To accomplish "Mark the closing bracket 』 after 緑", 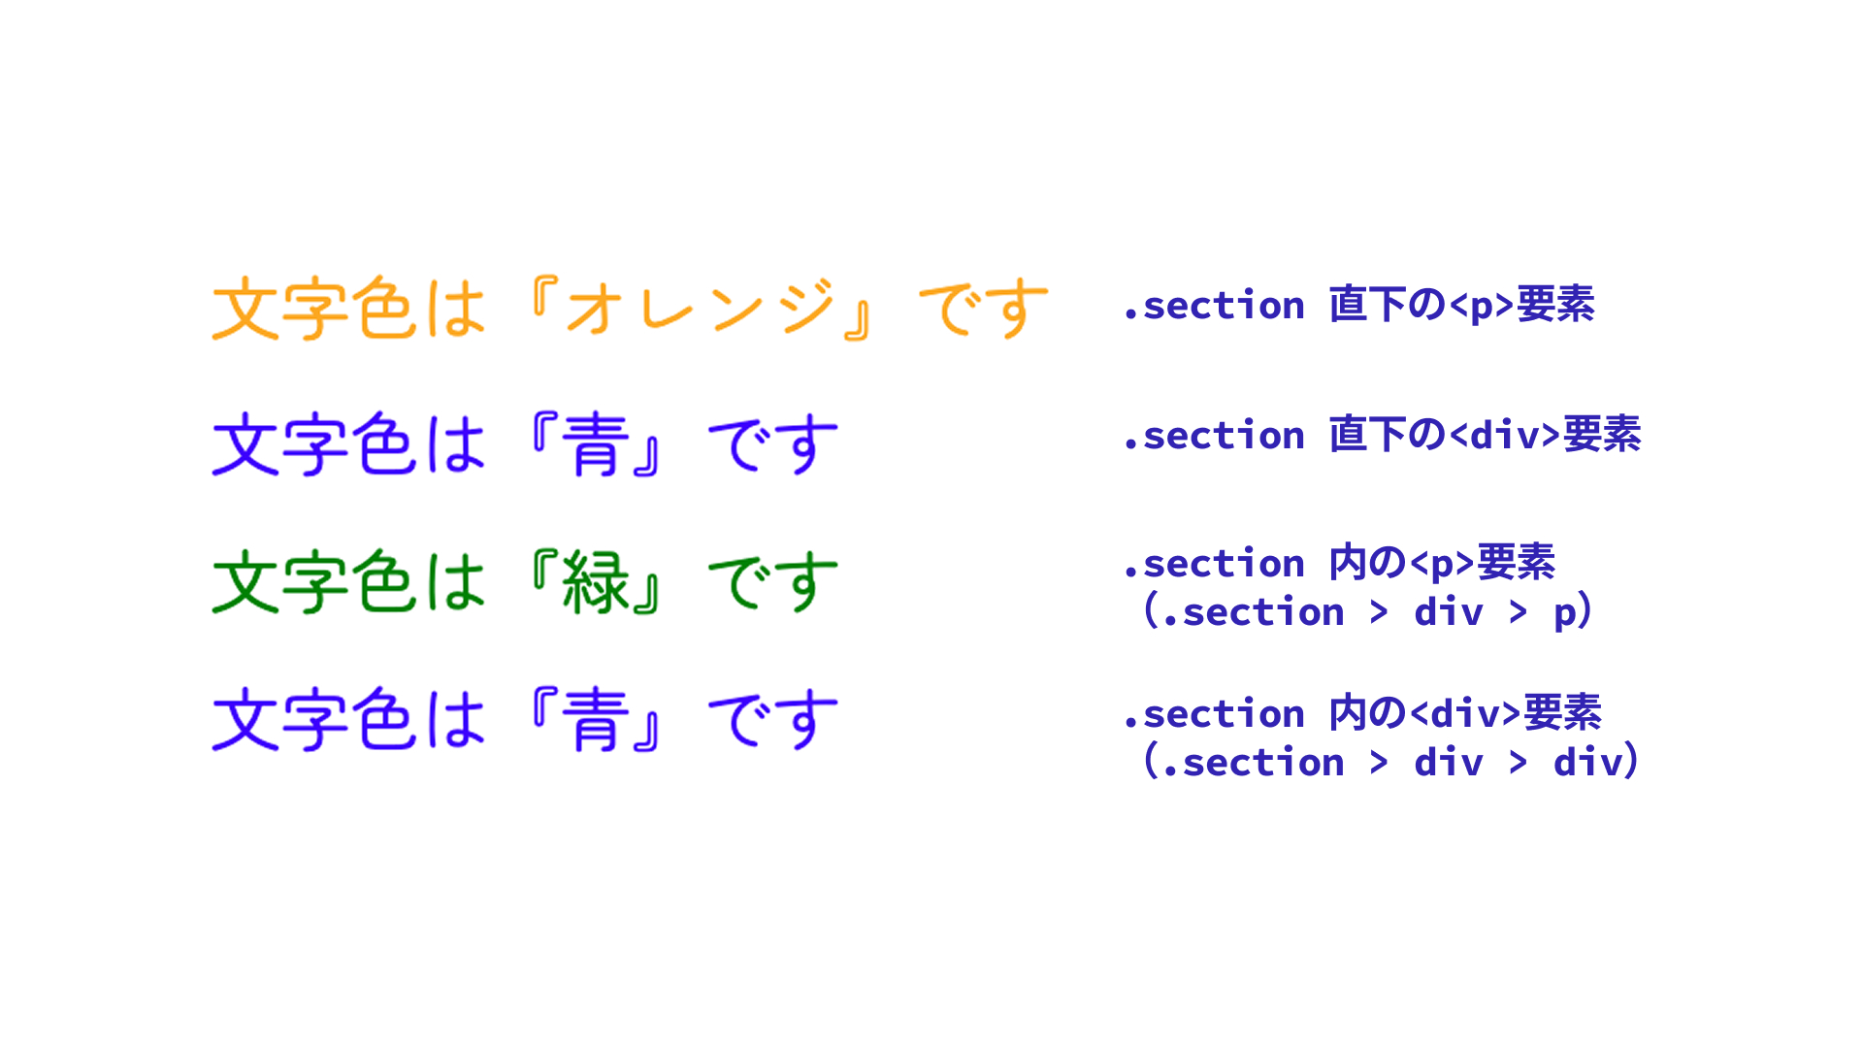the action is [x=646, y=596].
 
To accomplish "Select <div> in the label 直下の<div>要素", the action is [x=1505, y=435].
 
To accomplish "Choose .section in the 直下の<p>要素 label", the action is [x=1214, y=306].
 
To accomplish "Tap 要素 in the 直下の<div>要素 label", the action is [x=1602, y=435].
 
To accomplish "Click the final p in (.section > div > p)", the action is [x=1564, y=613].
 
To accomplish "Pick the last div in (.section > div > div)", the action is [x=1587, y=762].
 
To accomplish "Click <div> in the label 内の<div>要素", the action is [x=1465, y=713].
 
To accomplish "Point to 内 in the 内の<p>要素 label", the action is [x=1348, y=563].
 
